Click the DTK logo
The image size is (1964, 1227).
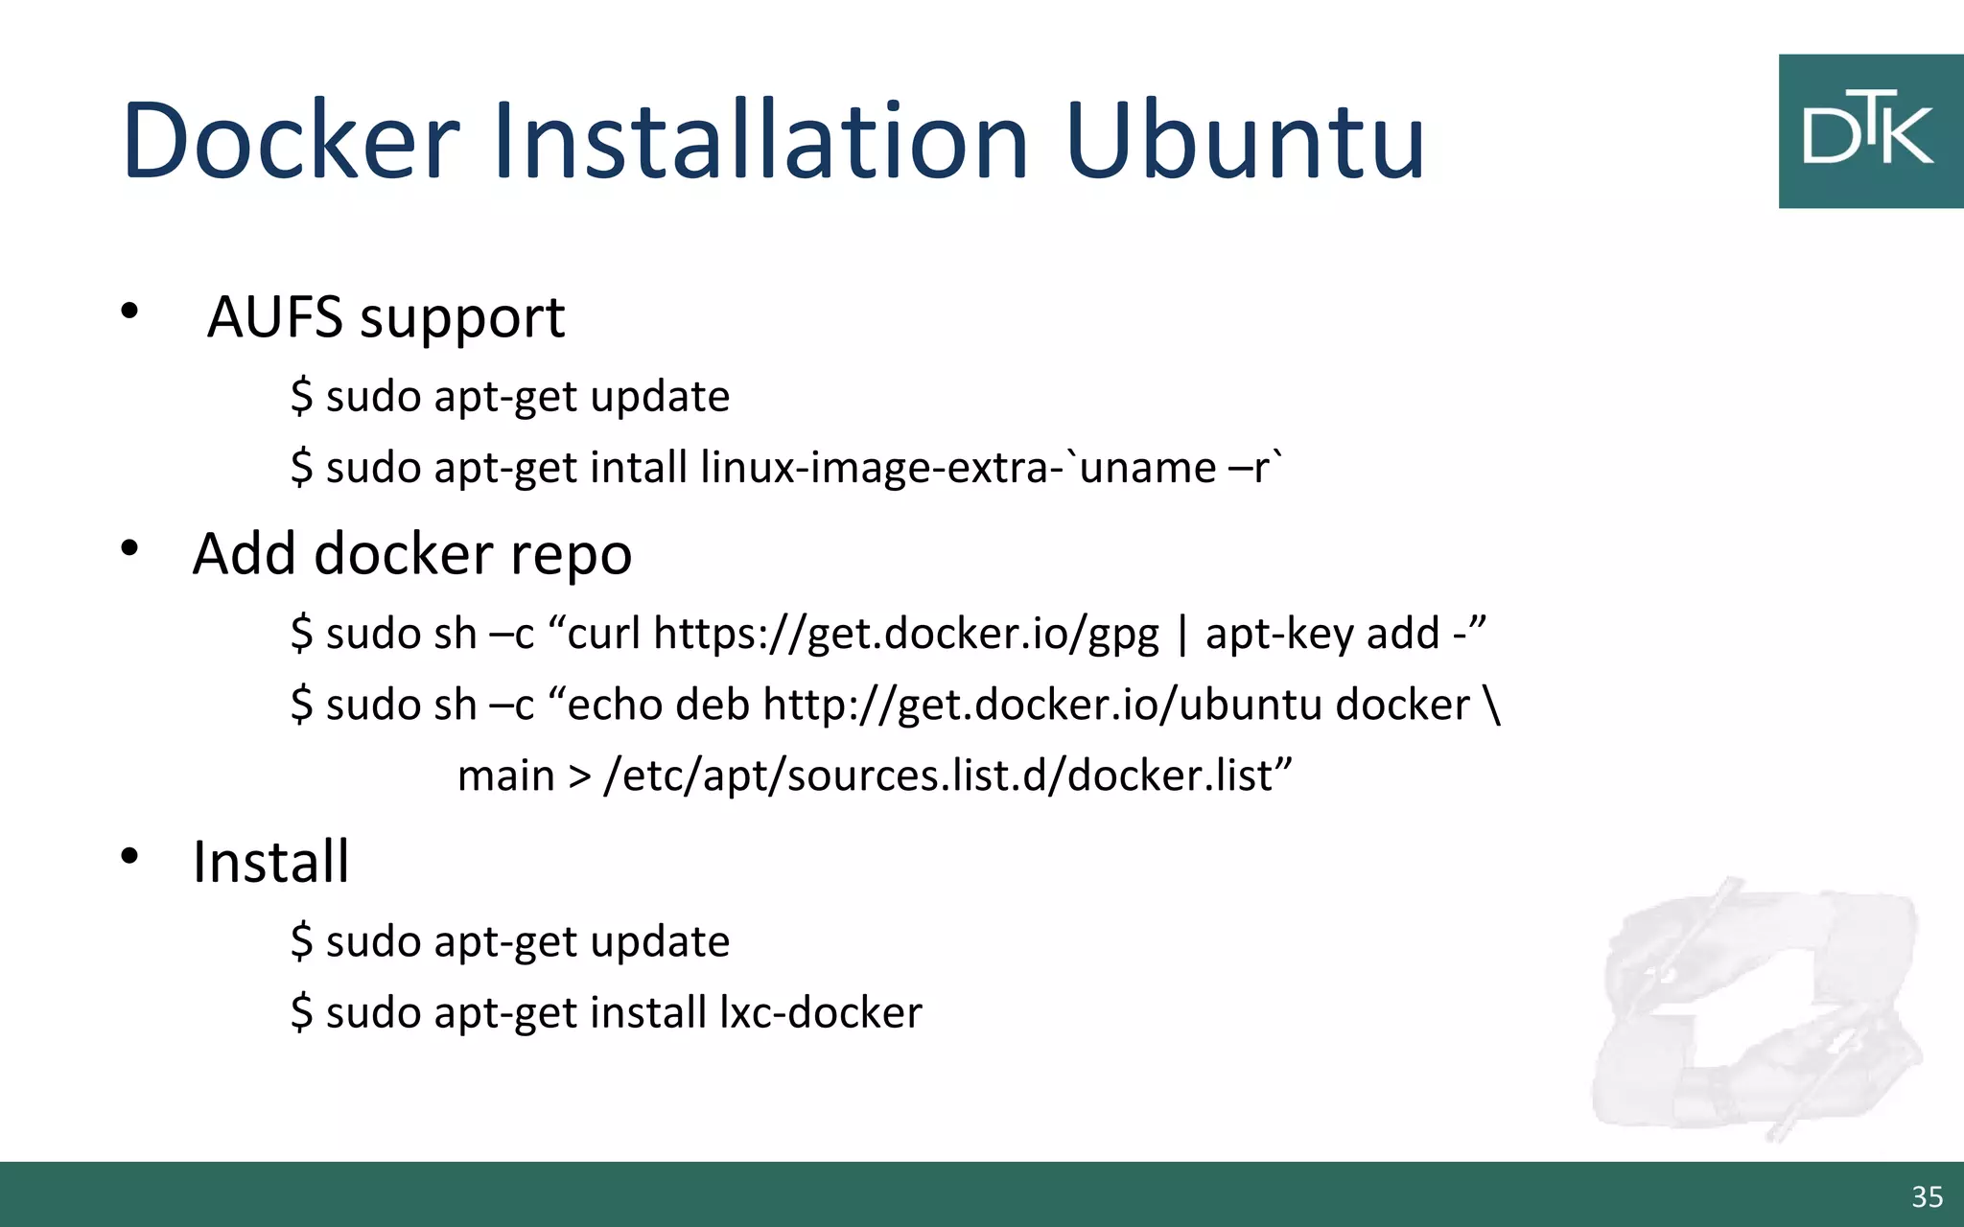click(x=1869, y=131)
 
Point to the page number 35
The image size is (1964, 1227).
click(x=1927, y=1196)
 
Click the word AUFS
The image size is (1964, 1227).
click(x=274, y=317)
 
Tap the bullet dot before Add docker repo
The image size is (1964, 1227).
click(x=129, y=548)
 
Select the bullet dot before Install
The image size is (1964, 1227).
click(x=129, y=856)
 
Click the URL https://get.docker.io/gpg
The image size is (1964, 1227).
click(x=905, y=634)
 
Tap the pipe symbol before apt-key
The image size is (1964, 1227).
click(x=1182, y=635)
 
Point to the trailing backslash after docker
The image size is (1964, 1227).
click(x=1491, y=705)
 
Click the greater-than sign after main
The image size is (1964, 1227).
click(x=579, y=776)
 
